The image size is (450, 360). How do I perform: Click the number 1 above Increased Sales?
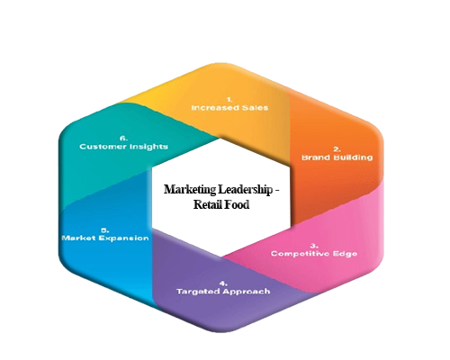pyautogui.click(x=229, y=99)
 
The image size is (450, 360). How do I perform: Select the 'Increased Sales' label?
pyautogui.click(x=229, y=108)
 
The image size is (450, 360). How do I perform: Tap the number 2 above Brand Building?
pyautogui.click(x=337, y=149)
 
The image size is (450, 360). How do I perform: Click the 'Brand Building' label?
pyautogui.click(x=337, y=157)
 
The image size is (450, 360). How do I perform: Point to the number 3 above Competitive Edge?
pyautogui.click(x=314, y=246)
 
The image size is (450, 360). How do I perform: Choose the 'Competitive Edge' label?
pyautogui.click(x=314, y=254)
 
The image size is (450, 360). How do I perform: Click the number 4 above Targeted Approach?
pyautogui.click(x=223, y=283)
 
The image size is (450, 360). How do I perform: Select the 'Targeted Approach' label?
pyautogui.click(x=223, y=292)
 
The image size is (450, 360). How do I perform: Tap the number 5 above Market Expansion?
pyautogui.click(x=105, y=230)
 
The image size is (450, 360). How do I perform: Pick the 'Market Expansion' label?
pyautogui.click(x=105, y=238)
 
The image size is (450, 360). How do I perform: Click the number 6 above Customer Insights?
pyautogui.click(x=123, y=139)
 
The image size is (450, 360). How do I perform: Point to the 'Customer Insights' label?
pyautogui.click(x=123, y=147)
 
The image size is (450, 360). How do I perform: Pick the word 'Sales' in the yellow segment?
pyautogui.click(x=255, y=108)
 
